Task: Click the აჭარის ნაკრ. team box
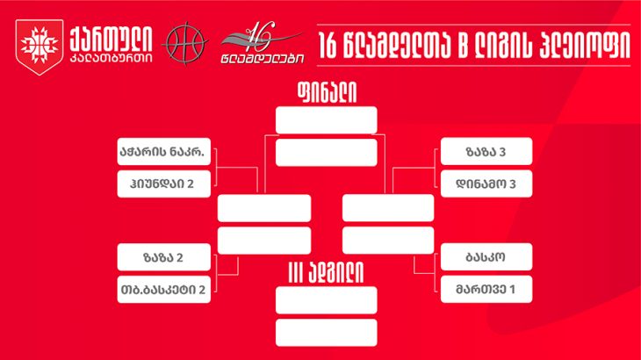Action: pyautogui.click(x=164, y=152)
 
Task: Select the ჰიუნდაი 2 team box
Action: pyautogui.click(x=164, y=184)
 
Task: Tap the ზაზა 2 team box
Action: pyautogui.click(x=164, y=257)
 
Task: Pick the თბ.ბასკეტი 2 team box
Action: pyautogui.click(x=164, y=289)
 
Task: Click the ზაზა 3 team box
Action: pyautogui.click(x=486, y=152)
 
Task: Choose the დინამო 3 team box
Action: pyautogui.click(x=486, y=184)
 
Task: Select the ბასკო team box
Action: pyautogui.click(x=486, y=257)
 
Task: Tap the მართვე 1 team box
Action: pyautogui.click(x=486, y=289)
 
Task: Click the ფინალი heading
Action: pyautogui.click(x=327, y=92)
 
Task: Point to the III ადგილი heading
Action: pyautogui.click(x=326, y=272)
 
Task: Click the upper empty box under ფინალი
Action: pyautogui.click(x=327, y=120)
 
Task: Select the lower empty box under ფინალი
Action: pyautogui.click(x=327, y=153)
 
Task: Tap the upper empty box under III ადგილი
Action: pyautogui.click(x=327, y=300)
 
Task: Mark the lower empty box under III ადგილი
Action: pyautogui.click(x=327, y=333)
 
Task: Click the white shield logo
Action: pyautogui.click(x=40, y=47)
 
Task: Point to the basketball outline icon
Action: pyautogui.click(x=185, y=43)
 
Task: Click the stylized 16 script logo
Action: pyautogui.click(x=262, y=42)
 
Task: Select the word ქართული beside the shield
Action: pyautogui.click(x=111, y=40)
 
